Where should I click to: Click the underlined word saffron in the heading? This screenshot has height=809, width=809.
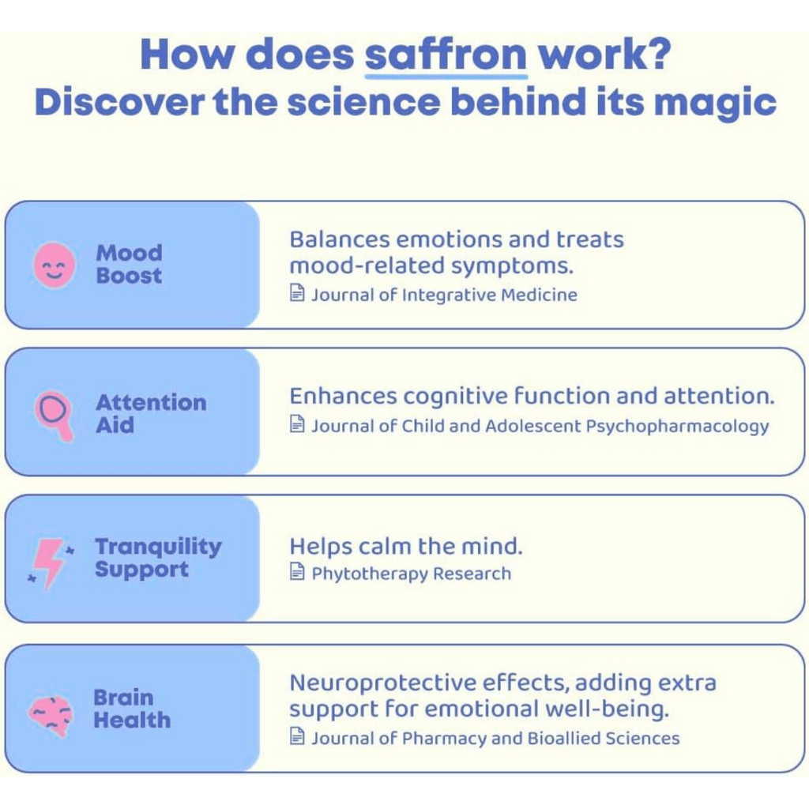[446, 55]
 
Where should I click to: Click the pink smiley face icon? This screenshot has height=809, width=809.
[55, 265]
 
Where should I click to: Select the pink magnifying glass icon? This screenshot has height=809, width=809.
[55, 415]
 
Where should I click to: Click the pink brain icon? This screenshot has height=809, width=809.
[51, 713]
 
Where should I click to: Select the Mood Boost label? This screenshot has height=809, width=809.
[129, 264]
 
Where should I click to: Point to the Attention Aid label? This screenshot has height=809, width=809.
[150, 413]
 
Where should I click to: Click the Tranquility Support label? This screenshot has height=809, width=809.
[158, 558]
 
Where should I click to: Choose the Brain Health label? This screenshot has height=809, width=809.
[131, 709]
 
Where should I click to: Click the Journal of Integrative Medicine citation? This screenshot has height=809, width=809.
[443, 295]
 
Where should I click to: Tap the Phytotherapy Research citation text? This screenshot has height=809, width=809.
[411, 574]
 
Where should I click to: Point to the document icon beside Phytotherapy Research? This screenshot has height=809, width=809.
[297, 572]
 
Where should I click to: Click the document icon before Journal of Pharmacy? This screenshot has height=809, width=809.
[297, 737]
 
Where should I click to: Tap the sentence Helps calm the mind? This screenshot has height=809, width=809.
[405, 546]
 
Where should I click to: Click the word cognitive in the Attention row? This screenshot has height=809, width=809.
[454, 396]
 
